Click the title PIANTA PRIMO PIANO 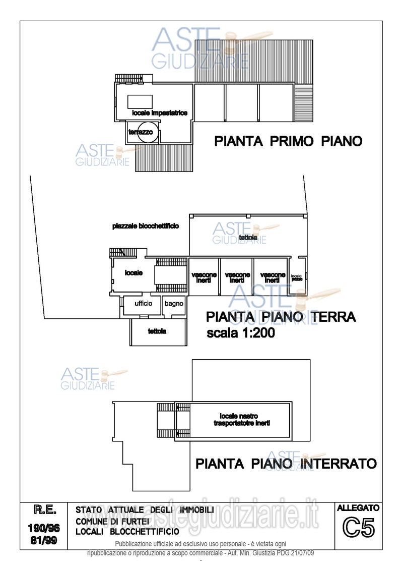(288, 141)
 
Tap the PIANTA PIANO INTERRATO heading (286, 464)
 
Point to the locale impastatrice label (160, 113)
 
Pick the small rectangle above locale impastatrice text (140, 100)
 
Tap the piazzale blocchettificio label (145, 226)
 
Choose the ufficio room (143, 304)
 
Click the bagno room (174, 304)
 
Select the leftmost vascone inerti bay (204, 277)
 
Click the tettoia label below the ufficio (157, 331)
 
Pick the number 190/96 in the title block (44, 529)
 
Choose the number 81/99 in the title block (44, 541)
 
